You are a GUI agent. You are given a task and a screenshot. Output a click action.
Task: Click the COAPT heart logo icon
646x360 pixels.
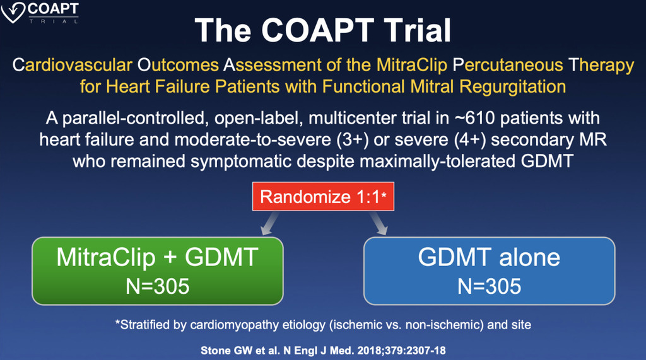click(13, 13)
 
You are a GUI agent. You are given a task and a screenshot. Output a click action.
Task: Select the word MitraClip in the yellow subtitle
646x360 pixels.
click(411, 65)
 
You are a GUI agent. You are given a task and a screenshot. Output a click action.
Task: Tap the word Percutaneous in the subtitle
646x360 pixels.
click(508, 65)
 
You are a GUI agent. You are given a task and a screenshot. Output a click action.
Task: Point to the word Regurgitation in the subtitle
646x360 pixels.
click(512, 87)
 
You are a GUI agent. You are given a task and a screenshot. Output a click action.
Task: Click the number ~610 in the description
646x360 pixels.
click(474, 119)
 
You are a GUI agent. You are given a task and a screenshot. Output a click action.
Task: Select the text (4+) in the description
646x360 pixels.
click(469, 140)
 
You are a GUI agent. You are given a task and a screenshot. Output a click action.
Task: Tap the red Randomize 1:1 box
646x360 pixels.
click(323, 197)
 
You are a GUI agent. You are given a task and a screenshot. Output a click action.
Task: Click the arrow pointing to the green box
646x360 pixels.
click(269, 223)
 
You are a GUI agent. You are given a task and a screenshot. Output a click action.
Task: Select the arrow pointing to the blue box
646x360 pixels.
click(379, 223)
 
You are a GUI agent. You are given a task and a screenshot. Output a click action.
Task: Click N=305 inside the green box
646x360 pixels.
click(157, 286)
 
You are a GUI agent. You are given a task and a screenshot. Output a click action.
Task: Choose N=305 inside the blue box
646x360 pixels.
click(489, 286)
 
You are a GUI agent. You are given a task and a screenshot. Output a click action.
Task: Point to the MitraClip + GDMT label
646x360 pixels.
click(157, 257)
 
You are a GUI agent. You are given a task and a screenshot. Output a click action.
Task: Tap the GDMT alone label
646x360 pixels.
click(489, 257)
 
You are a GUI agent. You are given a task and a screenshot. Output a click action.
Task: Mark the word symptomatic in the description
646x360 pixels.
click(241, 161)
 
